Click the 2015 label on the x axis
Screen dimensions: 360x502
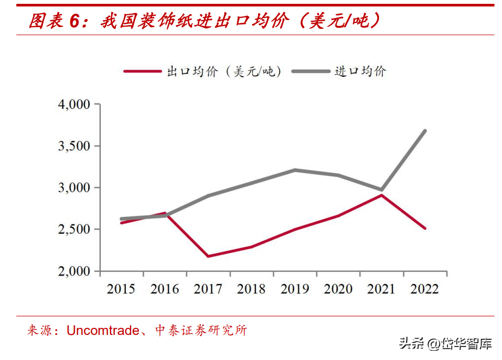point(121,289)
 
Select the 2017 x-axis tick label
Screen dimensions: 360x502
point(207,289)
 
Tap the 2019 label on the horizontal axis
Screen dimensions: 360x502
point(295,289)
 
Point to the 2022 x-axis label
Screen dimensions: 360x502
point(425,289)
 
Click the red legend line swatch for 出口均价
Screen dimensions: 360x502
point(143,71)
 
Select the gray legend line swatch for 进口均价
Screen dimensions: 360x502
point(310,71)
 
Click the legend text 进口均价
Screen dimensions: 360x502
point(360,71)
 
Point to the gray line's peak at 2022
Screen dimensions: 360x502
point(425,131)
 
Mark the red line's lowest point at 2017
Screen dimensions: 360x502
point(208,256)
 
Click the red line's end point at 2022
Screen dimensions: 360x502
point(425,228)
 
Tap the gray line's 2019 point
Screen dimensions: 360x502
point(295,170)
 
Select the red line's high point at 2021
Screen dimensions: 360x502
point(382,195)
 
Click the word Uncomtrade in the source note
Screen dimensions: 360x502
point(103,330)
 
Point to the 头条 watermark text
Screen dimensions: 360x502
point(411,344)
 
